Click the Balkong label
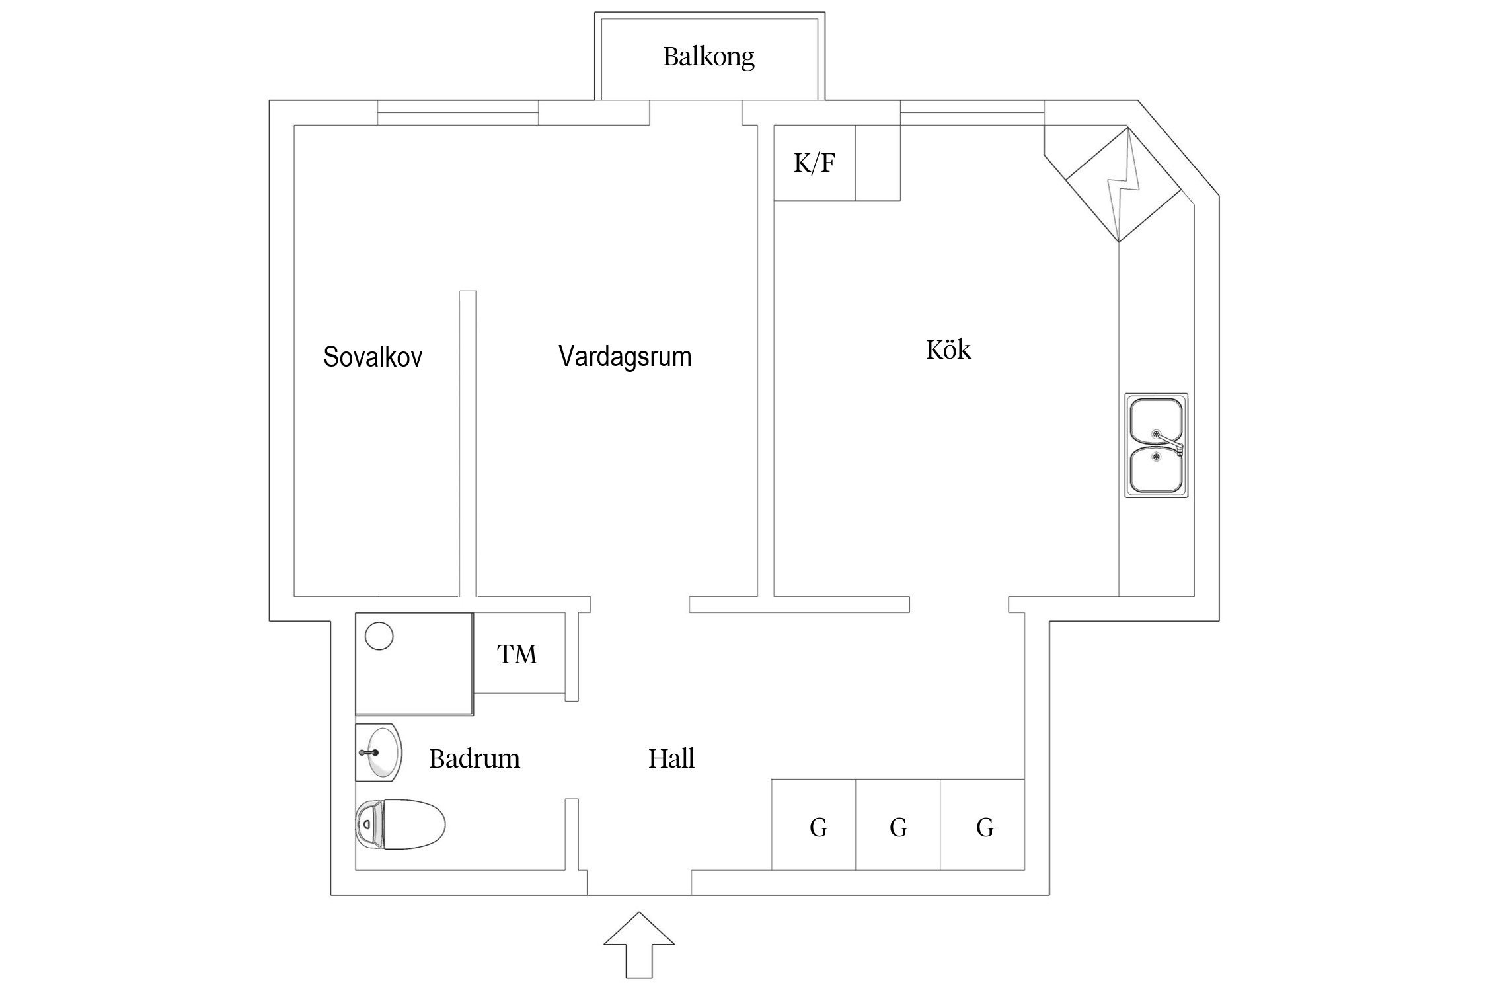[708, 57]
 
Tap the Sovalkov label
[372, 357]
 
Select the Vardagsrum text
[625, 357]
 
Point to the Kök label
[948, 350]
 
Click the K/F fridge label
[814, 163]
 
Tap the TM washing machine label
[517, 655]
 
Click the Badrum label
[474, 758]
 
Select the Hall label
[671, 758]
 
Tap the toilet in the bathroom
[400, 824]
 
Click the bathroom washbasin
[380, 752]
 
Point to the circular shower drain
[379, 636]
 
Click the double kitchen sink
[1156, 446]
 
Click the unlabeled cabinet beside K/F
[877, 163]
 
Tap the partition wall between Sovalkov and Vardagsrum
[467, 443]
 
